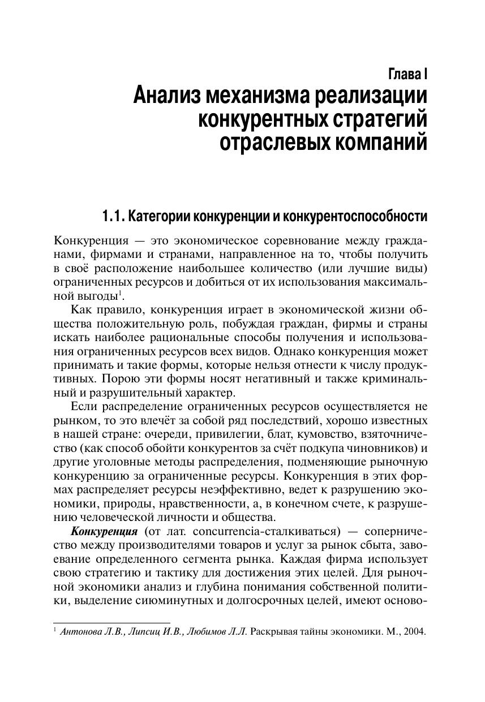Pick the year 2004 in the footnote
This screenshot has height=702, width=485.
[x=414, y=631]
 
